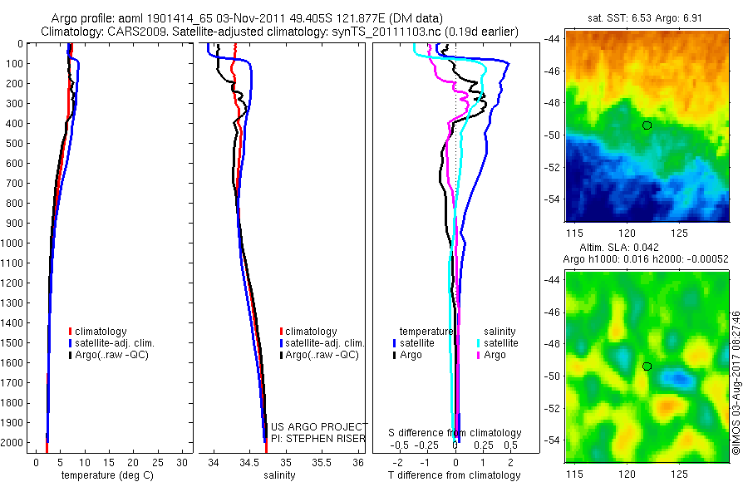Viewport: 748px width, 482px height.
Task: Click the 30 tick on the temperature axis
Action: pyautogui.click(x=182, y=461)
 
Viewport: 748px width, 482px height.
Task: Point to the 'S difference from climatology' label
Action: pyautogui.click(x=455, y=433)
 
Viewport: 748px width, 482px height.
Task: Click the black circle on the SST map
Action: pyautogui.click(x=647, y=125)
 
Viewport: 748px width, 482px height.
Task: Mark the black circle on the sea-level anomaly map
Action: pyautogui.click(x=647, y=366)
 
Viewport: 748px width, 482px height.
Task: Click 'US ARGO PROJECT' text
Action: pyautogui.click(x=319, y=426)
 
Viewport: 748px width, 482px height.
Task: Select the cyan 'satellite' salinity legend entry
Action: pyautogui.click(x=498, y=342)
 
